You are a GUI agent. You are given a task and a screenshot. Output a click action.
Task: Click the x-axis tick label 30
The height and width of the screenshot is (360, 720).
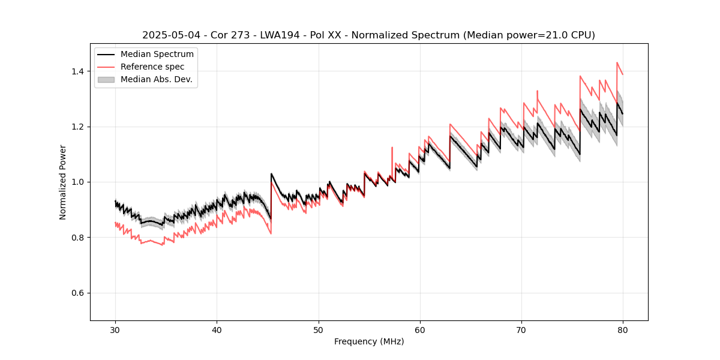coord(115,330)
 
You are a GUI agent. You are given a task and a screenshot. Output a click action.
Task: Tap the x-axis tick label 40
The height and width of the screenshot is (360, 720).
coord(217,330)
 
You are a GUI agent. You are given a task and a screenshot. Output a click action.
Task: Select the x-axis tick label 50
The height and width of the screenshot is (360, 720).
coord(318,330)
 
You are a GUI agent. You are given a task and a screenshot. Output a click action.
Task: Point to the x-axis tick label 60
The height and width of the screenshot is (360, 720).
coord(420,330)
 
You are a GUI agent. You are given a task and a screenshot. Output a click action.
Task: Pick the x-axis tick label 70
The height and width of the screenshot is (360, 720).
coord(521,330)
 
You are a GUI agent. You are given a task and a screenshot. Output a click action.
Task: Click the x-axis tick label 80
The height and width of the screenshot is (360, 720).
coord(623,330)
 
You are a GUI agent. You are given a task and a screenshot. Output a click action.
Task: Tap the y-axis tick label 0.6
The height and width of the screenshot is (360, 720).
coord(78,293)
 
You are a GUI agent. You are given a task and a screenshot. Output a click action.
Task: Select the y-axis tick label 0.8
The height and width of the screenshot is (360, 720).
coord(78,238)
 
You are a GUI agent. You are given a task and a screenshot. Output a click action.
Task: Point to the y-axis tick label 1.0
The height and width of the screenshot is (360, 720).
coord(78,182)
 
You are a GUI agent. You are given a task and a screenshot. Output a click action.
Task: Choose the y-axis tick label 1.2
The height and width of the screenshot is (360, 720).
coord(78,127)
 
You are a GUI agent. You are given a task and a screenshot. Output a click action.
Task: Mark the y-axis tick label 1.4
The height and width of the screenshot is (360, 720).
coord(78,71)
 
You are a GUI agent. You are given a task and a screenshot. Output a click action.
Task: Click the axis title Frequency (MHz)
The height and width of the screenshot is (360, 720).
coord(369,341)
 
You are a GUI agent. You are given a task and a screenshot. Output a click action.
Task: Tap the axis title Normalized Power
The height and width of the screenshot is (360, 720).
coord(62,182)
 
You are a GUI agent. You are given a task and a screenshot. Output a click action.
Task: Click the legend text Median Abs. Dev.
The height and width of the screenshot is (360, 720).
coord(156,79)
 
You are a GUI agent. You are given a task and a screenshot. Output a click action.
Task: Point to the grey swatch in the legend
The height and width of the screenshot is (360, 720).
coord(106,79)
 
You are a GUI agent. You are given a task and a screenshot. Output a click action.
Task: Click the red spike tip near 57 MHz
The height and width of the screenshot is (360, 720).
coord(392,147)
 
